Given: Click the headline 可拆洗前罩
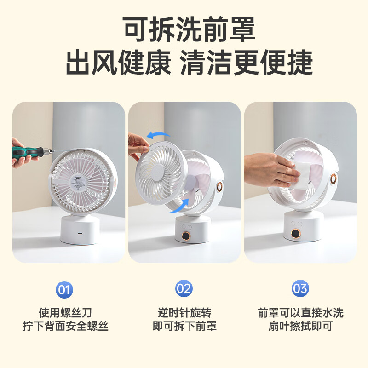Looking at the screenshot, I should [189, 30].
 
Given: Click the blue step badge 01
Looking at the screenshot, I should [64, 289].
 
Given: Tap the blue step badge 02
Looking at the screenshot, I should [184, 289].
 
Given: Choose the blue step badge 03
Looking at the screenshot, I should [300, 289].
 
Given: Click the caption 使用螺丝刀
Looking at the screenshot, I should [65, 313].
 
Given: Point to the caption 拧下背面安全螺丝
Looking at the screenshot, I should [65, 327].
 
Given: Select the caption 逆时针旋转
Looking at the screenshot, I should [184, 313].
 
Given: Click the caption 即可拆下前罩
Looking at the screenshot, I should [184, 327].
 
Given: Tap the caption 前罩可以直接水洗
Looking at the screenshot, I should [300, 313].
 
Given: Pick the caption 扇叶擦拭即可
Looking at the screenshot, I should [300, 327].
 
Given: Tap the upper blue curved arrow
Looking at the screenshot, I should [158, 135].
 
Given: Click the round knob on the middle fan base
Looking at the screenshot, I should [186, 236].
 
